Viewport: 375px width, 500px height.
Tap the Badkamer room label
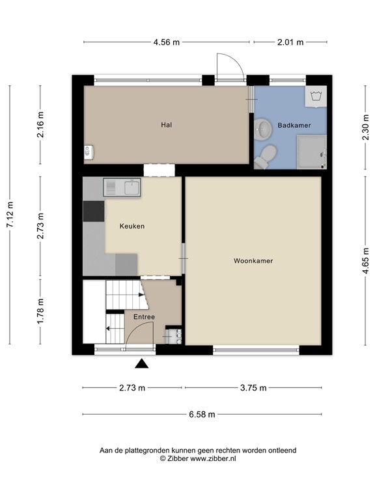(x=294, y=124)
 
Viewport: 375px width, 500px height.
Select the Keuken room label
(x=132, y=227)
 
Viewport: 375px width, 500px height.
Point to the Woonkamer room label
(x=253, y=261)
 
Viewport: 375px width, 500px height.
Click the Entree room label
(x=144, y=317)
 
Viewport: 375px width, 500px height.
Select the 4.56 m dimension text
(x=167, y=42)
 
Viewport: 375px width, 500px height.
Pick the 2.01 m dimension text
(x=290, y=42)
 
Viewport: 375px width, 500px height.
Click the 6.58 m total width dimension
(x=202, y=414)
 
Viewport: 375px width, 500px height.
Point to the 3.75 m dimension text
(x=253, y=388)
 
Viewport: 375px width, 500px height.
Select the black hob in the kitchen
(x=94, y=212)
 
